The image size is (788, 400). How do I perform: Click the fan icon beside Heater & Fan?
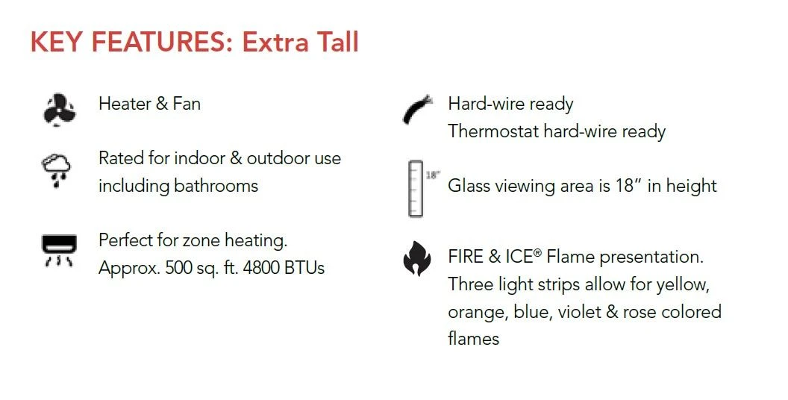[x=59, y=109]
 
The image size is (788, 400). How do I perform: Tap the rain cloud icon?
[x=57, y=169]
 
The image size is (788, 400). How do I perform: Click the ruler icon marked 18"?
[x=416, y=188]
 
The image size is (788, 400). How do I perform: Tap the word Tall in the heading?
[x=331, y=43]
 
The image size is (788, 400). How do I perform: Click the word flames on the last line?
[x=473, y=339]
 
